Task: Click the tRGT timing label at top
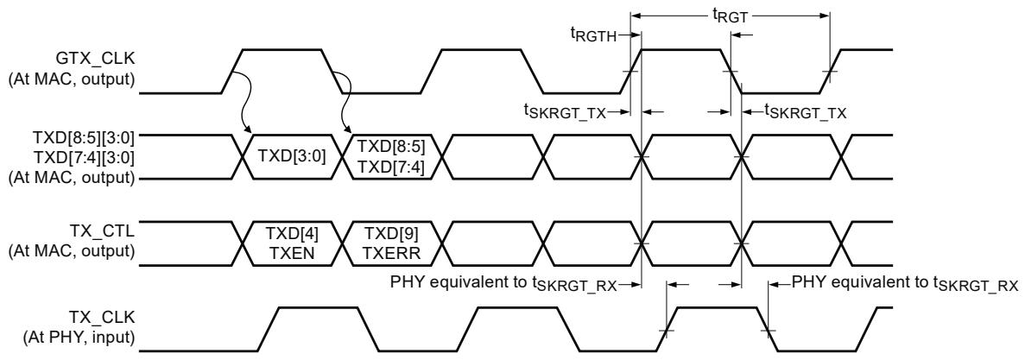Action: [730, 18]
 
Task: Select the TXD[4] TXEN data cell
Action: [291, 243]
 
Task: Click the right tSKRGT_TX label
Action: [805, 112]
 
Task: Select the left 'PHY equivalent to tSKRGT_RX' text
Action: [503, 284]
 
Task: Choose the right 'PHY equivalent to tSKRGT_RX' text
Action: [905, 284]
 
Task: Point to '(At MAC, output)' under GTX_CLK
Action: [72, 81]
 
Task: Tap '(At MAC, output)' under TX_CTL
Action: [72, 251]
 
